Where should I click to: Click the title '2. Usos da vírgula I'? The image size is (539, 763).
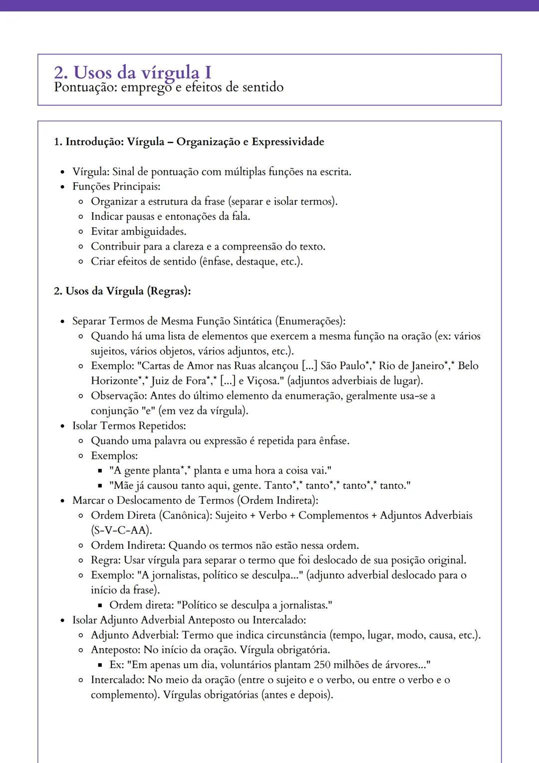coord(132,72)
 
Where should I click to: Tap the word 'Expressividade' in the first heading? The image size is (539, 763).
coord(288,142)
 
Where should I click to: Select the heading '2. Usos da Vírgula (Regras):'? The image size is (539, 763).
coord(122,291)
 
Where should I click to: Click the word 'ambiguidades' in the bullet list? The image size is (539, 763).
coord(153,232)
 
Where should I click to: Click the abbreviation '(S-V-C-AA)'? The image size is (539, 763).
coord(121,530)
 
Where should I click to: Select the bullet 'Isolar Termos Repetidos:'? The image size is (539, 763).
coord(129,426)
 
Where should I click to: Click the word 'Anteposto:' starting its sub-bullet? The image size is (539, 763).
coord(115,650)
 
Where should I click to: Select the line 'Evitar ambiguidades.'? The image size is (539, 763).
coord(138,232)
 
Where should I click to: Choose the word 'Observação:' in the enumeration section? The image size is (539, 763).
coord(119,396)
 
